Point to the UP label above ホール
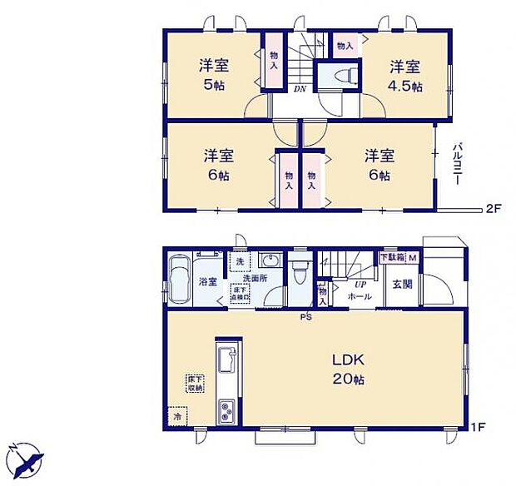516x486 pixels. (360, 284)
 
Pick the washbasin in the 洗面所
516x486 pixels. (268, 259)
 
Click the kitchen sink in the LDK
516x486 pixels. (226, 361)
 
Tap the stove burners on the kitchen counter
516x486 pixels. (226, 411)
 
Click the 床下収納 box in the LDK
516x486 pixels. (194, 382)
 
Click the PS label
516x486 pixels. (306, 316)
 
